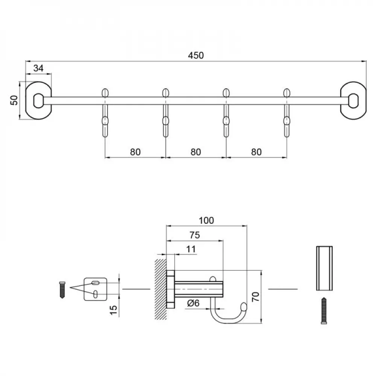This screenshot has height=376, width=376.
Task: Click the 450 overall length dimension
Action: point(196,55)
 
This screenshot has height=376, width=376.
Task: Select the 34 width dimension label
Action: point(38,68)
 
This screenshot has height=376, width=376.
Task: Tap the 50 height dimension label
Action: point(14,100)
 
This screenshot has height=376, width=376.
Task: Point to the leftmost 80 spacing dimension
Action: point(135,152)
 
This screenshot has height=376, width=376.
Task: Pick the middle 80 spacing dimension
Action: point(196,152)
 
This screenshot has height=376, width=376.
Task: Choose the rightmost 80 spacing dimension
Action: point(256,152)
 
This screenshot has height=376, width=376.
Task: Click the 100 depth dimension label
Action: point(206,220)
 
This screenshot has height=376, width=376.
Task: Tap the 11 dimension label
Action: point(191,249)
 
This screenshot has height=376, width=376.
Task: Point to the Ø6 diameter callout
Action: point(196,303)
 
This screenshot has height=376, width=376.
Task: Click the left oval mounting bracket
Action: point(38,100)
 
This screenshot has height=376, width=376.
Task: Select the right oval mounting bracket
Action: point(353,100)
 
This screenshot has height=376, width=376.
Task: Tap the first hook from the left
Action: point(105,113)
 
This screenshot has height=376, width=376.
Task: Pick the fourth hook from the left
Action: point(287,113)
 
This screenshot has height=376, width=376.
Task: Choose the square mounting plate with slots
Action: point(95,289)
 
